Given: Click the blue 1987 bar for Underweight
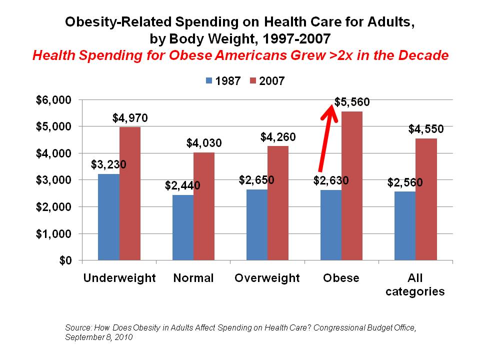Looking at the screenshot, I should tap(108, 217).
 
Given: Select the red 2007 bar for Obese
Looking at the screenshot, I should tap(351, 186).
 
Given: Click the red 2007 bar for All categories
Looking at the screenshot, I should tap(426, 199).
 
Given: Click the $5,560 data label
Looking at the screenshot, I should tap(352, 102).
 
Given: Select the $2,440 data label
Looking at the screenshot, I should tap(182, 186).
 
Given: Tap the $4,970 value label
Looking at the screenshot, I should tap(130, 118).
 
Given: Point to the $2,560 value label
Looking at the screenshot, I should tap(405, 182).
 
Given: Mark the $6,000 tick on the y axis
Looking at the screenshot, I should tap(53, 100).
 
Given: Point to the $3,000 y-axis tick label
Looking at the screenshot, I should tap(53, 180).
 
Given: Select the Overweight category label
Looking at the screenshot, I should tap(267, 278).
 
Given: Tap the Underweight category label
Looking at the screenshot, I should tap(119, 278).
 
